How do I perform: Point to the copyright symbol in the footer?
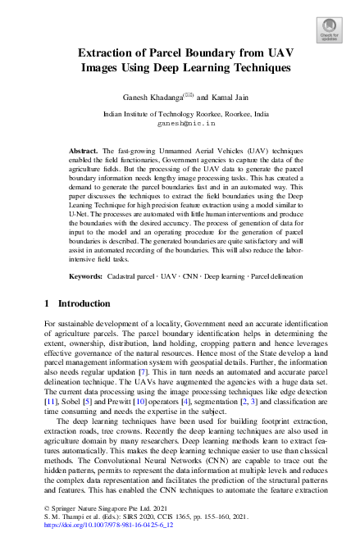(x=47, y=519)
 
